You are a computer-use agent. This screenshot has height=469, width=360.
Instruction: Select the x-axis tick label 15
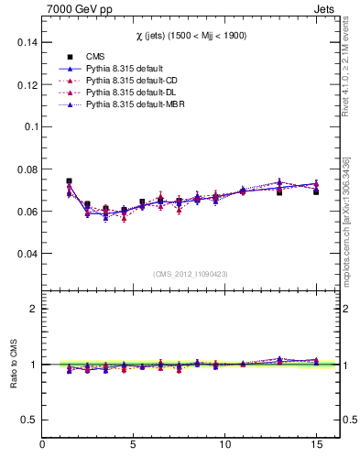(315, 445)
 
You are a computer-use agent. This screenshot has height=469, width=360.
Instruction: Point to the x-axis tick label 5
(134, 445)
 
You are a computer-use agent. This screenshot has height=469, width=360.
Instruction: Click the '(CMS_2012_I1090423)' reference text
(191, 273)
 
